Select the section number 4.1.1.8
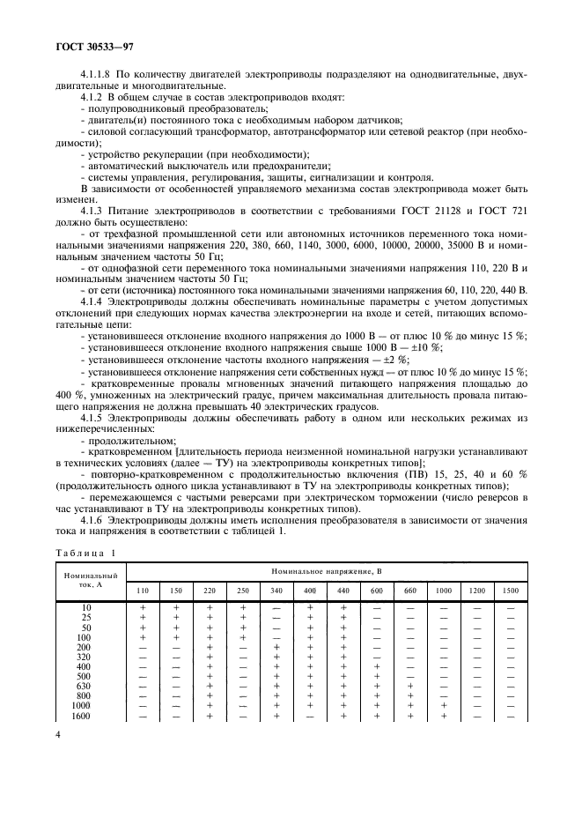click(97, 74)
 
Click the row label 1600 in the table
click(81, 716)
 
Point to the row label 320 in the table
click(83, 657)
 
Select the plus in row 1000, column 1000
click(444, 706)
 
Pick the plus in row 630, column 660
click(409, 686)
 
